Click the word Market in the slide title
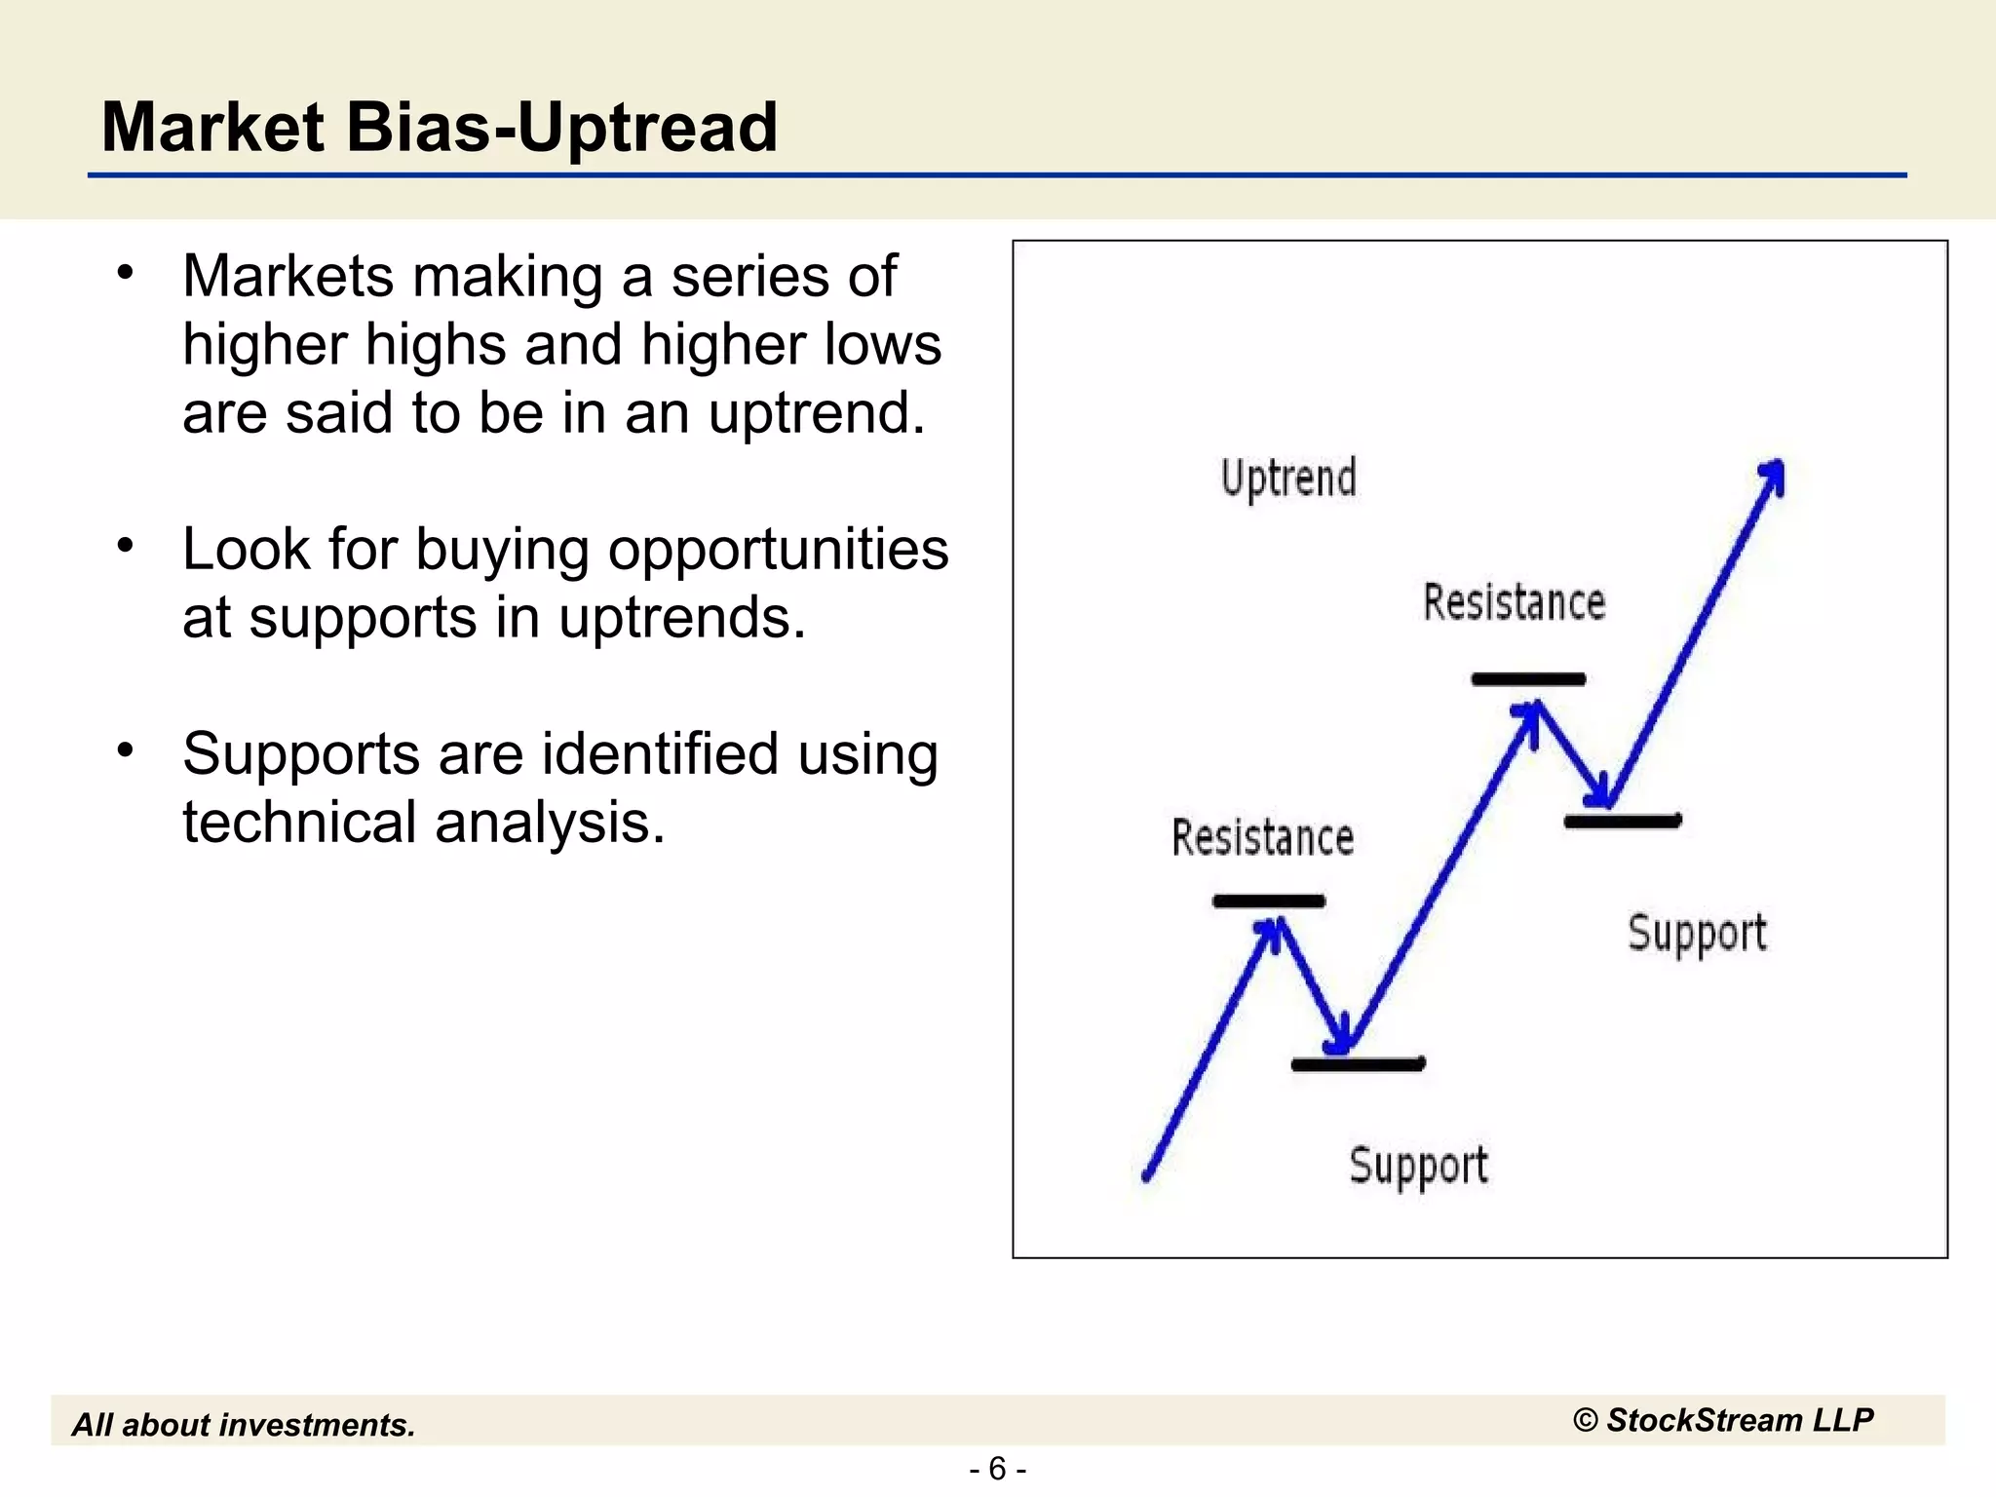click(x=212, y=129)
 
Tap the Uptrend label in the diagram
click(x=1287, y=479)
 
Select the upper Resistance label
click(x=1514, y=602)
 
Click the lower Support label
click(x=1418, y=1165)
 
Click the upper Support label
click(x=1697, y=934)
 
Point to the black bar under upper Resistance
click(x=1527, y=679)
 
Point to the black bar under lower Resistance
click(x=1268, y=902)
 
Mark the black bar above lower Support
click(x=1358, y=1064)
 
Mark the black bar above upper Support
click(x=1622, y=822)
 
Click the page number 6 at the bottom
click(x=997, y=1468)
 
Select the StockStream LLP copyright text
click(x=1722, y=1420)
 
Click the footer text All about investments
click(x=244, y=1425)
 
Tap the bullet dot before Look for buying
click(x=124, y=546)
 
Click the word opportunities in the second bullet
click(x=778, y=549)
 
